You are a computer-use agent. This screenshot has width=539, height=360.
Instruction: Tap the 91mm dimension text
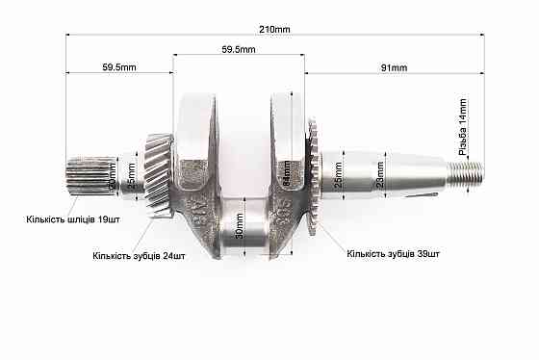click(394, 67)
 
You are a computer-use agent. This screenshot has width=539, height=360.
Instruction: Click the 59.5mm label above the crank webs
click(238, 49)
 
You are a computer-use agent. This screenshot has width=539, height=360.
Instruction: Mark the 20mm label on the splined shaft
click(112, 178)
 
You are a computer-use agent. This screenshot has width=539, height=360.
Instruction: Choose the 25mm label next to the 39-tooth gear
click(337, 177)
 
